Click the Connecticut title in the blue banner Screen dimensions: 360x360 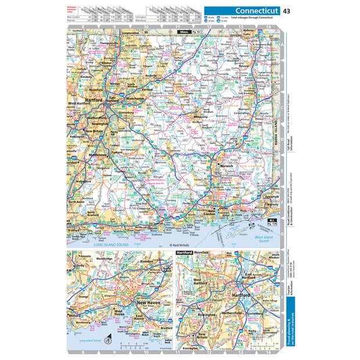click(256, 10)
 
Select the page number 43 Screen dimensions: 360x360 click(287, 10)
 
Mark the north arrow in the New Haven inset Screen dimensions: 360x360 click(107, 341)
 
